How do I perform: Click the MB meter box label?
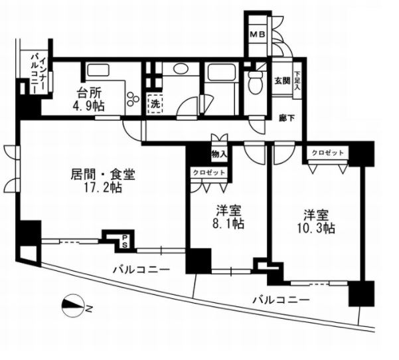pyautogui.click(x=258, y=34)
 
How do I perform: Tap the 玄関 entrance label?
pyautogui.click(x=282, y=81)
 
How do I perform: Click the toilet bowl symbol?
pyautogui.click(x=256, y=81)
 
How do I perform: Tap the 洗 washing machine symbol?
pyautogui.click(x=155, y=104)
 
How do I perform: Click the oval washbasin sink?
pyautogui.click(x=181, y=68)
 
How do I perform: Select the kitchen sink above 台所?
pyautogui.click(x=98, y=69)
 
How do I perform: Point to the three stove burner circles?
pyautogui.click(x=133, y=98)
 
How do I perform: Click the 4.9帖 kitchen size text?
pyautogui.click(x=89, y=106)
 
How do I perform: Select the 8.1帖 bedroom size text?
pyautogui.click(x=228, y=224)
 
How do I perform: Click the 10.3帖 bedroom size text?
pyautogui.click(x=315, y=228)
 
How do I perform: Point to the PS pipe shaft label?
pyautogui.click(x=125, y=241)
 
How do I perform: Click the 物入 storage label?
pyautogui.click(x=219, y=154)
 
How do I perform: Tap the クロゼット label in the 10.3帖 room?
pyautogui.click(x=327, y=153)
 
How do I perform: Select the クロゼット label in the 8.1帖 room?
pyautogui.click(x=208, y=173)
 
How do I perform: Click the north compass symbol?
pyautogui.click(x=74, y=306)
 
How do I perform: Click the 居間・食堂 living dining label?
pyautogui.click(x=102, y=175)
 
